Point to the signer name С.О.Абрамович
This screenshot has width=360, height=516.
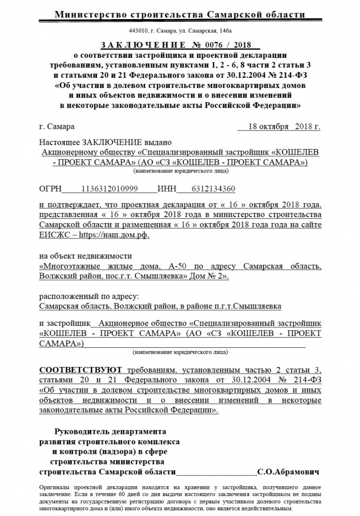coord(287,472)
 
